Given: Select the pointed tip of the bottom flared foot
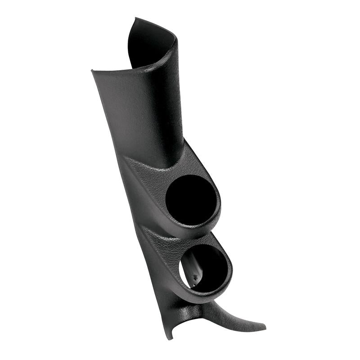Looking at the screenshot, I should coord(265,325).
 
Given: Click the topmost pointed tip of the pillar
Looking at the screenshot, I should coord(135,18).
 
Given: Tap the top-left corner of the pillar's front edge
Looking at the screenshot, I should coord(92,71).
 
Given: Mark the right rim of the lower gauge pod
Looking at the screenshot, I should coord(230,270).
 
